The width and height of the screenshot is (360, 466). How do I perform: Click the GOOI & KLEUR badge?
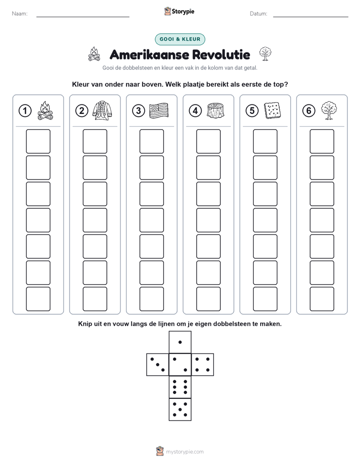179,39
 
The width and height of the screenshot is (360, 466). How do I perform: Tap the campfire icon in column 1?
45,110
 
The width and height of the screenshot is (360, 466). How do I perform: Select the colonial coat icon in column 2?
102,110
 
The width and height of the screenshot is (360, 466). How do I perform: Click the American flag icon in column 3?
159,110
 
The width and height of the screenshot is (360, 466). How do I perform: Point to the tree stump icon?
216,110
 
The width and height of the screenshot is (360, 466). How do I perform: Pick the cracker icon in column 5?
272,110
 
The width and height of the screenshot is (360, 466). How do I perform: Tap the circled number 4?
195,111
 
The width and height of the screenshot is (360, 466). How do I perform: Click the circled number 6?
309,111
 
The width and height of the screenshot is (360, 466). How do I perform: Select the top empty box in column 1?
38,141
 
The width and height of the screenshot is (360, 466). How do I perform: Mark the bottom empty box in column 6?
322,299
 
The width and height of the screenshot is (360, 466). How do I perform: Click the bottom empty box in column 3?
151,299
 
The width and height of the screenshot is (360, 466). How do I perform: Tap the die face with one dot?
180,342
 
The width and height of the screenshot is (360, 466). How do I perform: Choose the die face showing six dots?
180,387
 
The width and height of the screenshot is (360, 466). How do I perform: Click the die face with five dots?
180,410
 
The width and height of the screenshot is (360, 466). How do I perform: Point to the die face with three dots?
158,365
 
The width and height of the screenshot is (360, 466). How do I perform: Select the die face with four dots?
203,365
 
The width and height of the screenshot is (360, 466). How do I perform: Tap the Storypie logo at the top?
179,12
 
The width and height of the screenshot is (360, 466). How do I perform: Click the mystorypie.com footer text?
185,452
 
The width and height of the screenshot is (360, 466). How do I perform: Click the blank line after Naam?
83,17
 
